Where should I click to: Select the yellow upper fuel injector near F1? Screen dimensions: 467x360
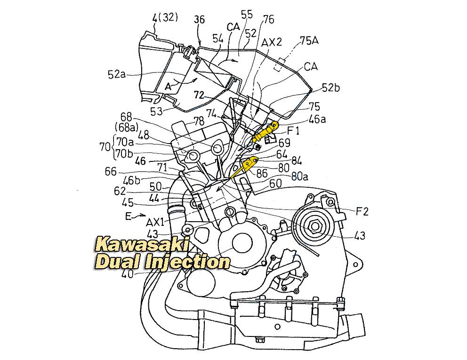click(265, 131)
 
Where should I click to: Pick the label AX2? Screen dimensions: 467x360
click(271, 42)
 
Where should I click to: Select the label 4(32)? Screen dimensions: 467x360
click(165, 18)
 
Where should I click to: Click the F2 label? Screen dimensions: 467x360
click(362, 211)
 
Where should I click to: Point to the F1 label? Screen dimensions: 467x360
click(293, 131)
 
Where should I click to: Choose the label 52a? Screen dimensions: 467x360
click(117, 74)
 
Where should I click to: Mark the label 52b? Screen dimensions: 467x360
click(331, 88)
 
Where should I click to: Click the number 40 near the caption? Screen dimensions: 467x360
click(128, 273)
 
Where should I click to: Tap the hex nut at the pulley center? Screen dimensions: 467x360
click(315, 225)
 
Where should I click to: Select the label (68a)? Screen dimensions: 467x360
click(126, 127)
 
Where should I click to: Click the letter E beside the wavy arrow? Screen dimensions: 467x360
click(129, 216)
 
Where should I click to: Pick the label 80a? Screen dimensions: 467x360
click(300, 177)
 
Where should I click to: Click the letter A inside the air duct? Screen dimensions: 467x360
click(168, 87)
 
